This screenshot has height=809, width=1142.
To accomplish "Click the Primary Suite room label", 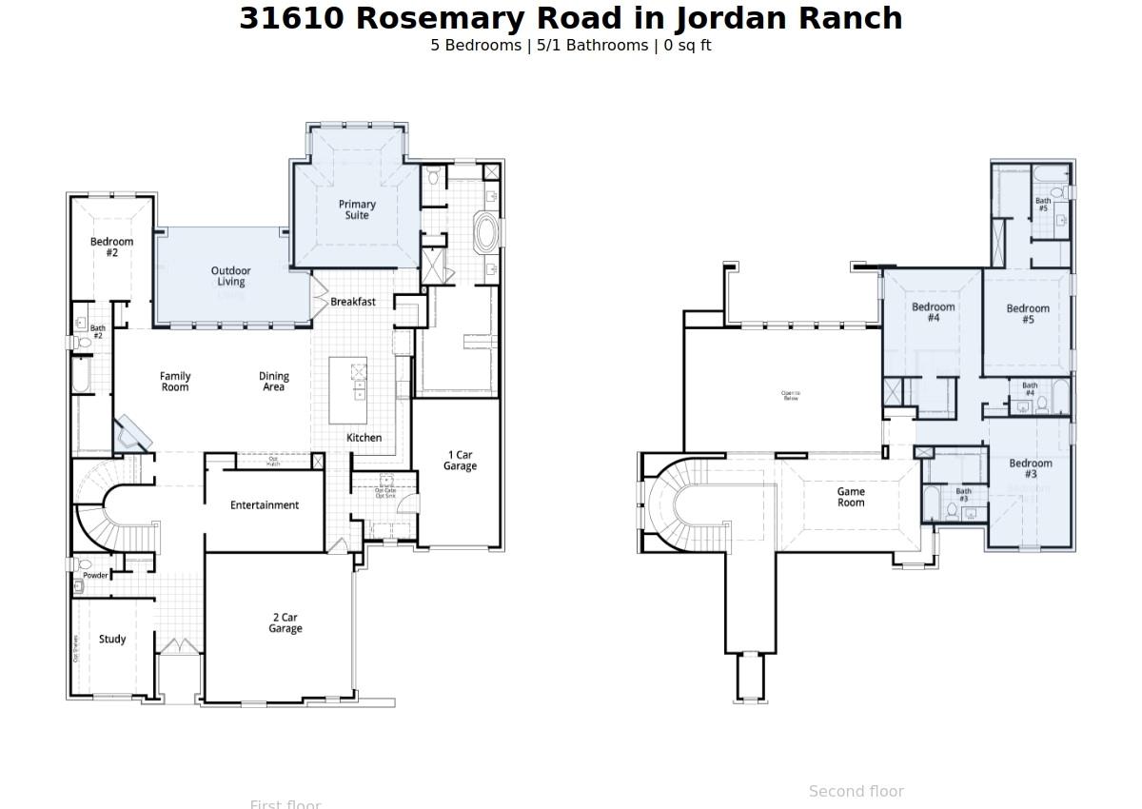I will tap(357, 209).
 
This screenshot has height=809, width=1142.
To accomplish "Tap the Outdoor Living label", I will tap(230, 276).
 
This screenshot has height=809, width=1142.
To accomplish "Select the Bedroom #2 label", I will tap(111, 247).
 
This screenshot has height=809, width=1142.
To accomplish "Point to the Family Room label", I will tap(175, 382).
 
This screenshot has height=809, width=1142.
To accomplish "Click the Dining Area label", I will tap(273, 382).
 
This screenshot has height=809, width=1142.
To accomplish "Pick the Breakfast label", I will tap(353, 302).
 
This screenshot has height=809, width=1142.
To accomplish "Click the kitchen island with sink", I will tap(348, 390).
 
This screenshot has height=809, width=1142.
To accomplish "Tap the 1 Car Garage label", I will tap(460, 461).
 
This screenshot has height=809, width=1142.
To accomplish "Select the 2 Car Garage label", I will tap(285, 623).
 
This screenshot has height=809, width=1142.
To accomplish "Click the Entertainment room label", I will tap(265, 505).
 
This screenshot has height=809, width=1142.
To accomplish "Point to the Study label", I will tap(112, 640).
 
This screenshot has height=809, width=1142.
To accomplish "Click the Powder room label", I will tap(95, 576).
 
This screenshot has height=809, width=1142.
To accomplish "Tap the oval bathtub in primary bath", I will tap(485, 232).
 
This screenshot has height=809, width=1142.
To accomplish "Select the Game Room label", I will tap(851, 497).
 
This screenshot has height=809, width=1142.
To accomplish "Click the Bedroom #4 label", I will tap(933, 312).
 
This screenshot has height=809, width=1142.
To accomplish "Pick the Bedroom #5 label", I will tap(1028, 314).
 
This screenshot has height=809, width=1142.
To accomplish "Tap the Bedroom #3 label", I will tap(1030, 468).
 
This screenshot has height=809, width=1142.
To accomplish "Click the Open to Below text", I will tap(791, 395).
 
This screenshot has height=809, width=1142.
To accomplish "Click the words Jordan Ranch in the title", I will tap(788, 18).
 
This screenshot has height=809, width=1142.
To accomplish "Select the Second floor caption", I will tap(856, 791).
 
